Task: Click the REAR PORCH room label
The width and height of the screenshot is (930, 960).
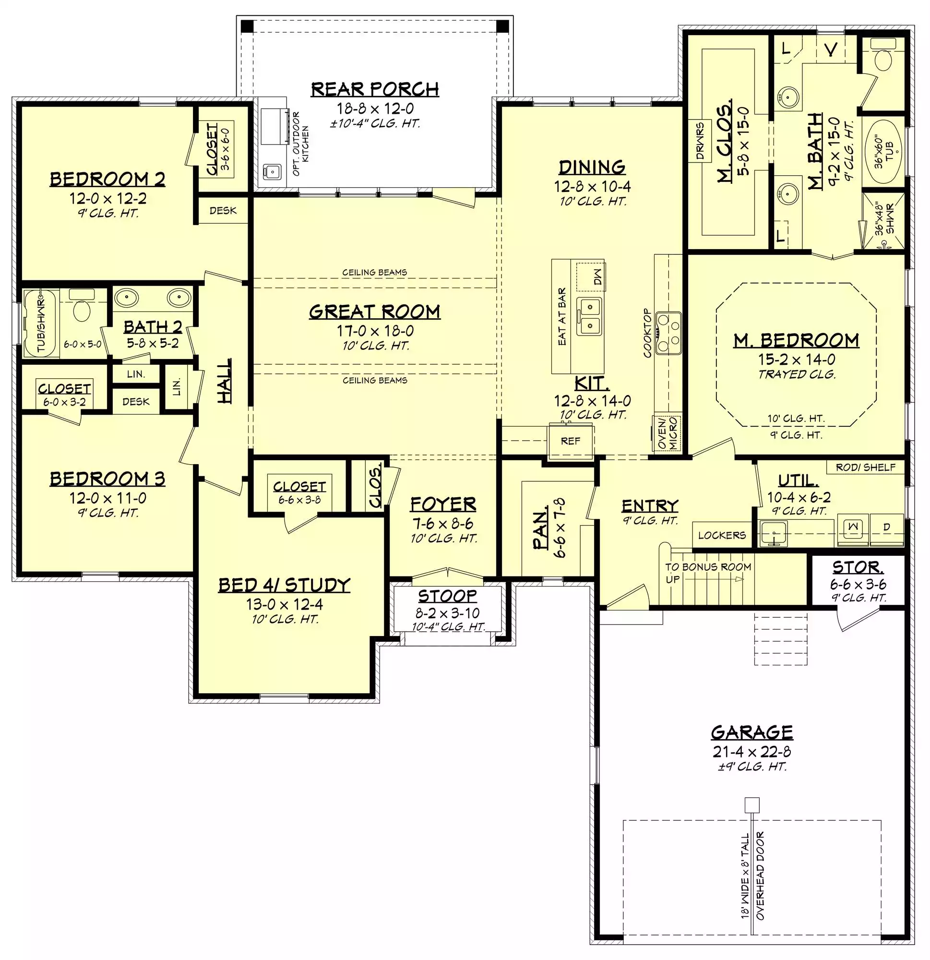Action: click(x=375, y=89)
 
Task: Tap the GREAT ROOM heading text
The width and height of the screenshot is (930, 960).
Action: click(x=375, y=312)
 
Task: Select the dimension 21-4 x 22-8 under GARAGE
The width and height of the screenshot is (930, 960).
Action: click(x=752, y=751)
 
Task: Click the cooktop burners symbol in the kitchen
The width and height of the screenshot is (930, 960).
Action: click(x=668, y=333)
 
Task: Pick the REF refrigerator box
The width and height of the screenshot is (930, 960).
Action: click(x=571, y=441)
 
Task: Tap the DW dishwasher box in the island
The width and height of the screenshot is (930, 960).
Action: click(x=591, y=277)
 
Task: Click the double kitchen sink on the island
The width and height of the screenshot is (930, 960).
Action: click(x=589, y=316)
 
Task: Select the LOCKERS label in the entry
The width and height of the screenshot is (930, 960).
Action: click(x=722, y=535)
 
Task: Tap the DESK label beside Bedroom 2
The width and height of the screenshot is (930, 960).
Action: click(x=223, y=211)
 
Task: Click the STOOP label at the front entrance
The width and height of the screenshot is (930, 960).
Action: click(x=447, y=596)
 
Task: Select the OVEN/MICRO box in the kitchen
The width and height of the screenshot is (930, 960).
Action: click(x=668, y=433)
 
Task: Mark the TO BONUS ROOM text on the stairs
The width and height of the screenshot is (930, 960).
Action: click(x=708, y=567)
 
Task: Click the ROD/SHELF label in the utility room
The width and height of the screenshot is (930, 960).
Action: click(x=865, y=467)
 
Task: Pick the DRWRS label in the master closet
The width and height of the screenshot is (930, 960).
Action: click(x=700, y=142)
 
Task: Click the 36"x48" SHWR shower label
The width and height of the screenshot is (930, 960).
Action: click(x=885, y=219)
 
